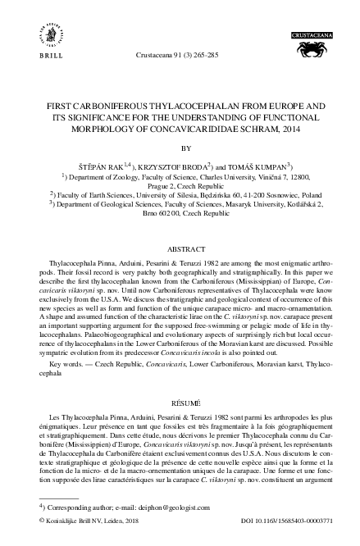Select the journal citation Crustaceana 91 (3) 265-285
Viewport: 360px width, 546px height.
click(x=180, y=56)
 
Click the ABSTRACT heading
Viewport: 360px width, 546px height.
click(x=180, y=247)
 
